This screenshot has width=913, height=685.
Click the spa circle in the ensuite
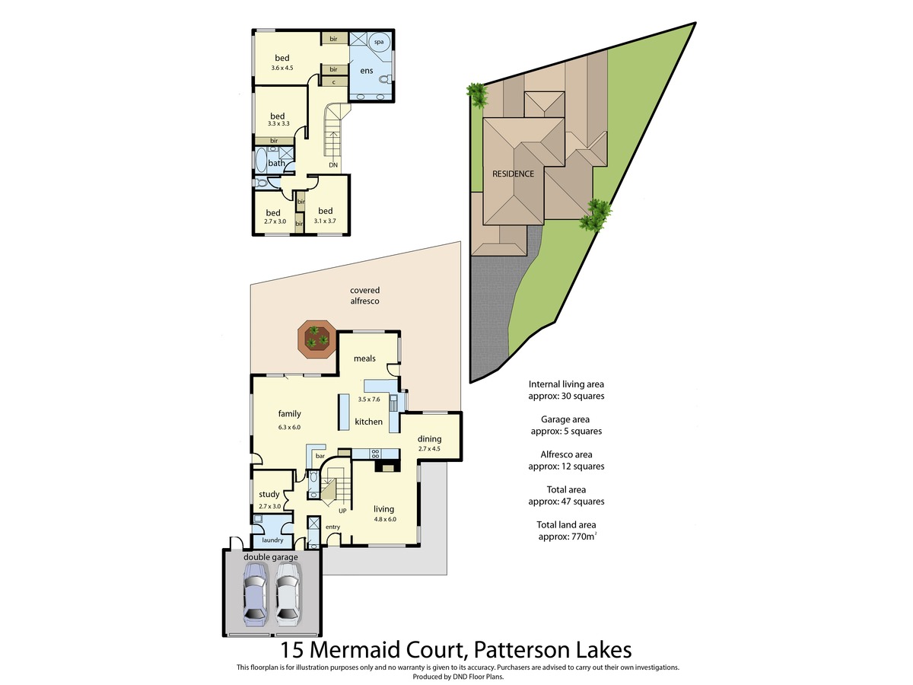click(379, 42)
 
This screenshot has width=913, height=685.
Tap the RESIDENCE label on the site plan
click(513, 174)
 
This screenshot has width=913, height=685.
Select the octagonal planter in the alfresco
click(317, 339)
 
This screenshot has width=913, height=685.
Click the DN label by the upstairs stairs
click(333, 165)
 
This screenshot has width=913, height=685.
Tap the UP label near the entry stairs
click(342, 511)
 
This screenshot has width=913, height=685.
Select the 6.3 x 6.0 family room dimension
click(289, 427)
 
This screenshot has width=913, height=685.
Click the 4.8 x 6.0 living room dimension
click(385, 519)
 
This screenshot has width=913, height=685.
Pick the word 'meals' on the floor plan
click(364, 358)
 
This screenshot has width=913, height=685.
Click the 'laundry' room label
click(272, 540)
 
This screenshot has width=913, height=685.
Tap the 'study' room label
click(269, 495)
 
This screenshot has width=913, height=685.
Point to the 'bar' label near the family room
click(320, 456)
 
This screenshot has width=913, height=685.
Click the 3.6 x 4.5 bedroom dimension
click(282, 68)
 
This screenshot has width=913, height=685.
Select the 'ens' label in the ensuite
click(367, 71)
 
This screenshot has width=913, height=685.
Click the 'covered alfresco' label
click(364, 296)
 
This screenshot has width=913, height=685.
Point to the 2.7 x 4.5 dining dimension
click(429, 449)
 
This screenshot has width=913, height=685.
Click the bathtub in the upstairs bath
click(261, 161)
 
